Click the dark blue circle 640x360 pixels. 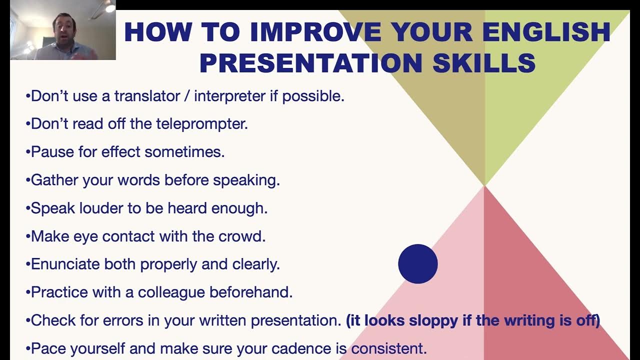click(x=417, y=264)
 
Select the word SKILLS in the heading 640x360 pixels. click(x=484, y=63)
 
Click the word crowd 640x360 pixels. click(x=241, y=236)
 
